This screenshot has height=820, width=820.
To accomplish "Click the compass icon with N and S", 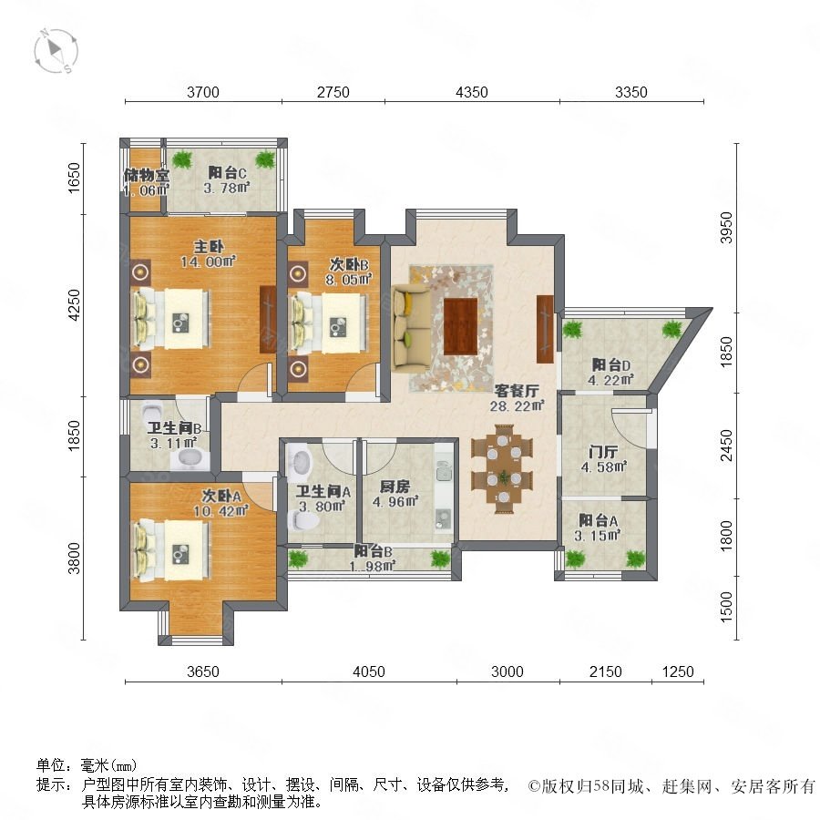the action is [x=56, y=51].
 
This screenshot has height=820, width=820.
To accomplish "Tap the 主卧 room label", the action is [x=209, y=246].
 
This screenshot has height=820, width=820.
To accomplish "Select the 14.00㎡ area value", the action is [x=208, y=261].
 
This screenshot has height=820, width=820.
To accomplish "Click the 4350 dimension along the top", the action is [x=472, y=92].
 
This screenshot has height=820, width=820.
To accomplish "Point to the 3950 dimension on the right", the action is [x=726, y=228].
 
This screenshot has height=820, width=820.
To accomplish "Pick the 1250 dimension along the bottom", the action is [x=678, y=671].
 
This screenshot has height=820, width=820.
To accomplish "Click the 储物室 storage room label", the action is [x=147, y=175].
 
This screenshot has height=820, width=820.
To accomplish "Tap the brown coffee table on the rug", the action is [x=461, y=326].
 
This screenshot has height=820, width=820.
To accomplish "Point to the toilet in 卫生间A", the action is [x=305, y=520].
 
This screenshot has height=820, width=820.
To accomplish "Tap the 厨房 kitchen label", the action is [x=395, y=487].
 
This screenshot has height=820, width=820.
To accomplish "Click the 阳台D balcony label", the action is [x=610, y=364].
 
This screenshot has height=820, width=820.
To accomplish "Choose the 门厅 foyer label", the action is [x=603, y=451].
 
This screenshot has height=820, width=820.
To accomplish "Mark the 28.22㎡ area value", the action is [x=518, y=405].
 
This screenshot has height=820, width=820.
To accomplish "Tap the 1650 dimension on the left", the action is [x=74, y=178].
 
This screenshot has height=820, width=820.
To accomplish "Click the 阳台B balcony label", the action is [x=373, y=551].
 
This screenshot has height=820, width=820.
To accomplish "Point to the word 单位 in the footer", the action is [x=51, y=765].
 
